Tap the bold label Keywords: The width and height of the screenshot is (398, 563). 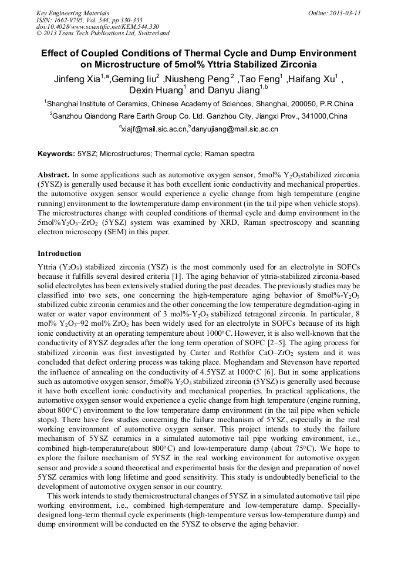(56, 154)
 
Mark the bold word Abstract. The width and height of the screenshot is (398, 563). (54, 175)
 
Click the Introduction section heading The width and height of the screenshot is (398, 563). (59, 254)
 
